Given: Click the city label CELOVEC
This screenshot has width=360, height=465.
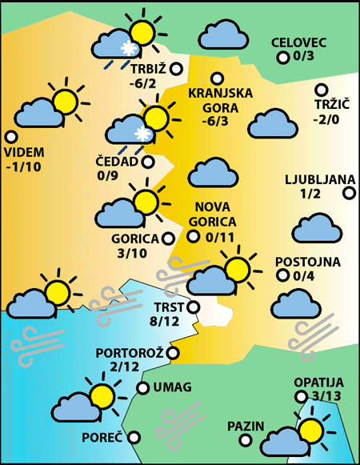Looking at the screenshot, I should point(298,43).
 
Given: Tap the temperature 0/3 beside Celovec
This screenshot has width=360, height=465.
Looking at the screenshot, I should point(304,57).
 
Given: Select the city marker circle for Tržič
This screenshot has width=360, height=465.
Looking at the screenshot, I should point(322,90).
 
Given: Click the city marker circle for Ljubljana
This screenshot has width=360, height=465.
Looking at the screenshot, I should point(349,192).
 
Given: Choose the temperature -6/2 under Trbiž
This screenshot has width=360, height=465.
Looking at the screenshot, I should point(144,82).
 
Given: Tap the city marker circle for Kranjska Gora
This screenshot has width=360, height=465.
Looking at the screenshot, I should point(216,78).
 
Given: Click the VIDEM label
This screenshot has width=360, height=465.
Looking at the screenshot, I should point(25,152).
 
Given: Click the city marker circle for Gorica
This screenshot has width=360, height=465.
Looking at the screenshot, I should point(168,238).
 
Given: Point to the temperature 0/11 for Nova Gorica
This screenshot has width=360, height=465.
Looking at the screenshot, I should point(220,237).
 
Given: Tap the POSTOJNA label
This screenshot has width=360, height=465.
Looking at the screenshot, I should point(308,262).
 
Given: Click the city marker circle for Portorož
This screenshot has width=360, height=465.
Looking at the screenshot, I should point(172,352).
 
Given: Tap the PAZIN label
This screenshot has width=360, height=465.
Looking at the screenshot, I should point(245,426).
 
